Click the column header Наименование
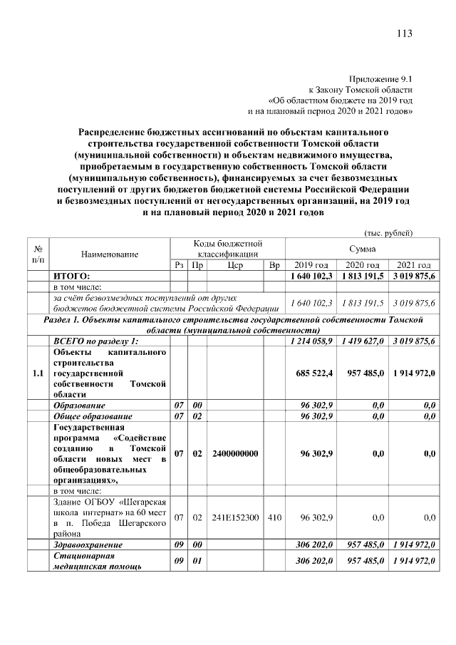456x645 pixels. click(x=110, y=254)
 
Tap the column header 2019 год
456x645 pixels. click(x=311, y=265)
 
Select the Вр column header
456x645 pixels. click(x=274, y=265)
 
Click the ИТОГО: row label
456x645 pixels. click(x=71, y=276)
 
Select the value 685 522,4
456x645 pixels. click(x=311, y=373)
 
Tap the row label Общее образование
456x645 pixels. click(x=93, y=416)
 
